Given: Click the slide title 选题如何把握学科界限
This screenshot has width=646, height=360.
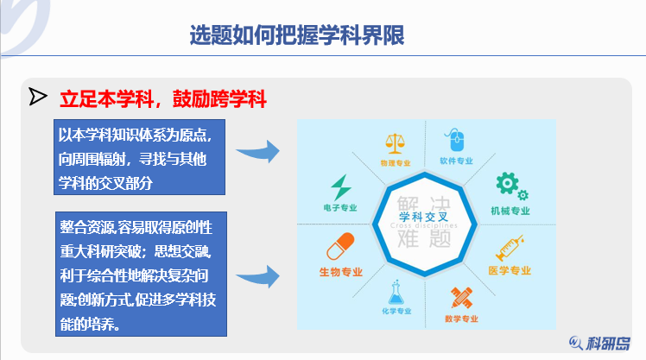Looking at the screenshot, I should pos(297,35).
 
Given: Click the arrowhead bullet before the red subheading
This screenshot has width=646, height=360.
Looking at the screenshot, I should pos(37,96).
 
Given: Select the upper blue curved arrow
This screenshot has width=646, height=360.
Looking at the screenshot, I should pos(259,153).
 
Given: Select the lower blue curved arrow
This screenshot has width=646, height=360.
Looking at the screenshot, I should pos(259,275).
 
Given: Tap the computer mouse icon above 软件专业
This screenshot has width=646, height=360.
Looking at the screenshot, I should pos(455,140).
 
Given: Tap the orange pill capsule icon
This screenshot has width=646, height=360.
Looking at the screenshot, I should pos(340,248).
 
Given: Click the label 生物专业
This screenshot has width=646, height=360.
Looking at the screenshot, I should pos(339,272).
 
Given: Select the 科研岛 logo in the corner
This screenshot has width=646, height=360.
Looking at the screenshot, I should pos(605,342).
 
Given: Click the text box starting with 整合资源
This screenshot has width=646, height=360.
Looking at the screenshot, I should pos(141,274).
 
